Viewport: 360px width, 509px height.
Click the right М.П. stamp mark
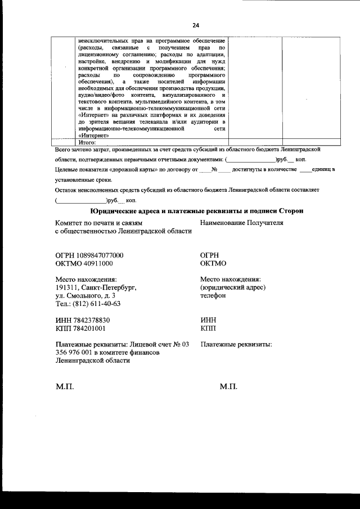click(x=229, y=387)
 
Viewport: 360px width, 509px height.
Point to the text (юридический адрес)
click(x=232, y=287)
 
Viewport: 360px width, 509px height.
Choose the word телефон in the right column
click(x=213, y=296)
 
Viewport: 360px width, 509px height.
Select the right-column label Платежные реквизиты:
click(x=236, y=344)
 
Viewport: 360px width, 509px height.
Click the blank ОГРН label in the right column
click(x=211, y=255)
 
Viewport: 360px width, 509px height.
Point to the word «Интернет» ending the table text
click(x=94, y=136)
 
